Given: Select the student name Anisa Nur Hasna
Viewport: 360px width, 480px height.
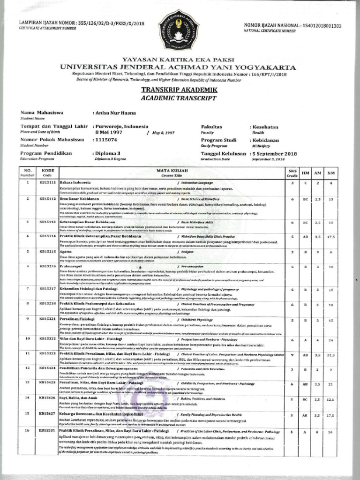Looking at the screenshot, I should pyautogui.click(x=115, y=113).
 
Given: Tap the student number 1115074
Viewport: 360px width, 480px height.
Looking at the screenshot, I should pyautogui.click(x=106, y=140).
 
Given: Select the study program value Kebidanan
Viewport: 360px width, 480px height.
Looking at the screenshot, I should pyautogui.click(x=266, y=140).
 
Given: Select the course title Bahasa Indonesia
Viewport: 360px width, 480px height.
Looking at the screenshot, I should pyautogui.click(x=75, y=182).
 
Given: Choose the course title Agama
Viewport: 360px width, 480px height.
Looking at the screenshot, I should pyautogui.click(x=65, y=252).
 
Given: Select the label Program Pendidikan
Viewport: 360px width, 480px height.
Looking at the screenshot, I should pyautogui.click(x=46, y=153).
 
